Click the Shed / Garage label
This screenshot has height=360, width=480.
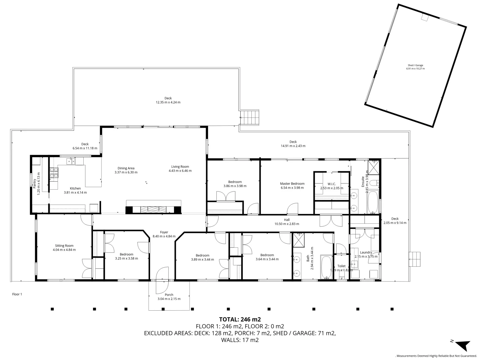click(415, 65)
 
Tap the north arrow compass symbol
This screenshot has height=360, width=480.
click(462, 345)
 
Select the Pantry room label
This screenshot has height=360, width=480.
click(34, 184)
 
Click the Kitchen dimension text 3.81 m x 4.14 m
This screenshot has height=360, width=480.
click(75, 193)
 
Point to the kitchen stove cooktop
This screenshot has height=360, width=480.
click(54, 172)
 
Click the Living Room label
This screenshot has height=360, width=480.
click(180, 167)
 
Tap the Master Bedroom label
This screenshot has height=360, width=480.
click(292, 184)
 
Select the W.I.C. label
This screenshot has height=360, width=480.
click(331, 184)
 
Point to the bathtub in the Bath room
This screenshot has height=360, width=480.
click(326, 267)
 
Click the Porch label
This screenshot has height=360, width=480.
click(169, 295)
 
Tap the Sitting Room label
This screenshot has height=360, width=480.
click(64, 246)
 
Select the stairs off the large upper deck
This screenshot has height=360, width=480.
click(250, 117)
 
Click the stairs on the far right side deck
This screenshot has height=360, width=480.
click(415, 259)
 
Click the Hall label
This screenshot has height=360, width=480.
click(287, 220)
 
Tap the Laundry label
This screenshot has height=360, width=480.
click(366, 252)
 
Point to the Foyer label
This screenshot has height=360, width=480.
click(164, 232)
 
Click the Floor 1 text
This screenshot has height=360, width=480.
click(17, 294)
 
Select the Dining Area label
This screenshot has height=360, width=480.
click(126, 168)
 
